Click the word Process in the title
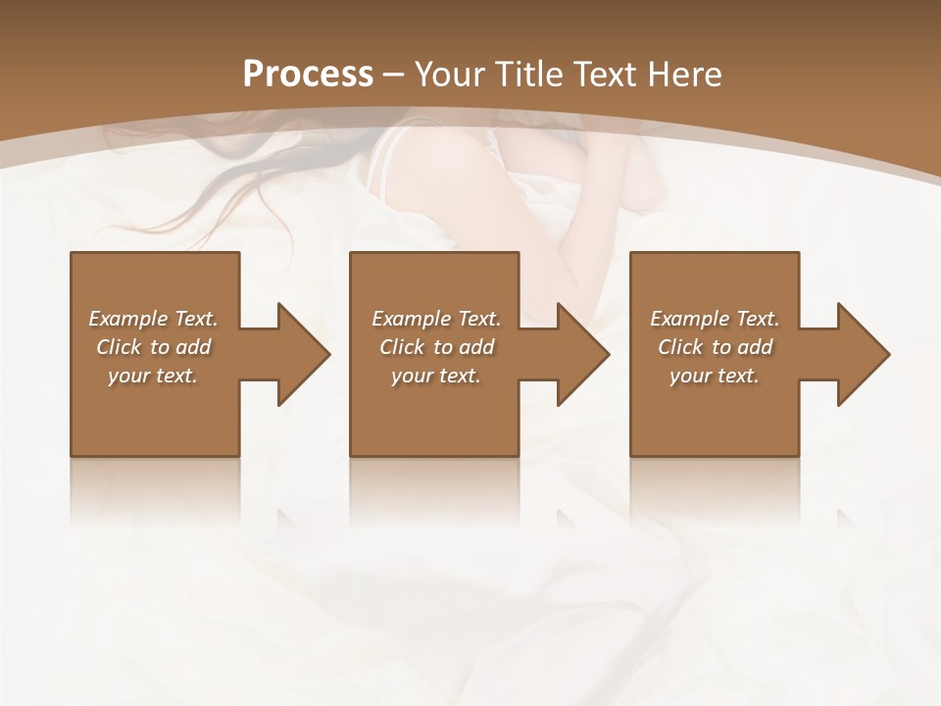[x=308, y=74]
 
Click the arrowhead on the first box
[x=300, y=354]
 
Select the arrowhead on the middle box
[x=579, y=354]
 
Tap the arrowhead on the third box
[x=860, y=354]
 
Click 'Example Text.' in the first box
[x=153, y=319]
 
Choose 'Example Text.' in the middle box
[x=436, y=319]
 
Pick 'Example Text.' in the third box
[x=715, y=319]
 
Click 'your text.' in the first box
[x=153, y=376]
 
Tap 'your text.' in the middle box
[x=436, y=376]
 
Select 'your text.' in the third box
[x=715, y=376]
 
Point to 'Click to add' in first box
[x=153, y=347]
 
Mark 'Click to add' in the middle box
[x=436, y=347]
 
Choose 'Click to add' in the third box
[x=715, y=347]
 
